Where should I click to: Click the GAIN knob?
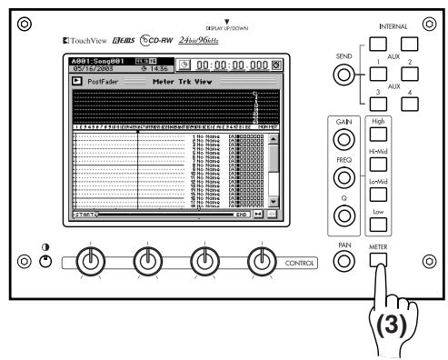pyautogui.click(x=343, y=140)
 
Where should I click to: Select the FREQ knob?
pyautogui.click(x=343, y=178)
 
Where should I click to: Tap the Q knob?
pyautogui.click(x=343, y=216)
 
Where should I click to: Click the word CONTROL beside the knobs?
pyautogui.click(x=299, y=263)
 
